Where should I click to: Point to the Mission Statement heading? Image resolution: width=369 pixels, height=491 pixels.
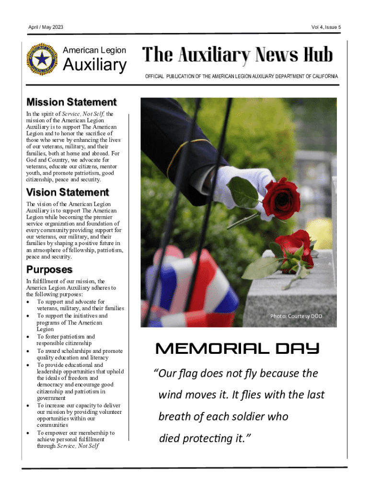click(x=71, y=102)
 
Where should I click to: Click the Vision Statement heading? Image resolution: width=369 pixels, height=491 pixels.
click(x=68, y=192)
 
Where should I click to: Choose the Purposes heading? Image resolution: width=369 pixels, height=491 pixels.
click(x=49, y=269)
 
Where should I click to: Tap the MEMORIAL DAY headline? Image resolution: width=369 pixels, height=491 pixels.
click(x=237, y=349)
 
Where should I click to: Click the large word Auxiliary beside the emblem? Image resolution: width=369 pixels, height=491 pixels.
click(x=95, y=65)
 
